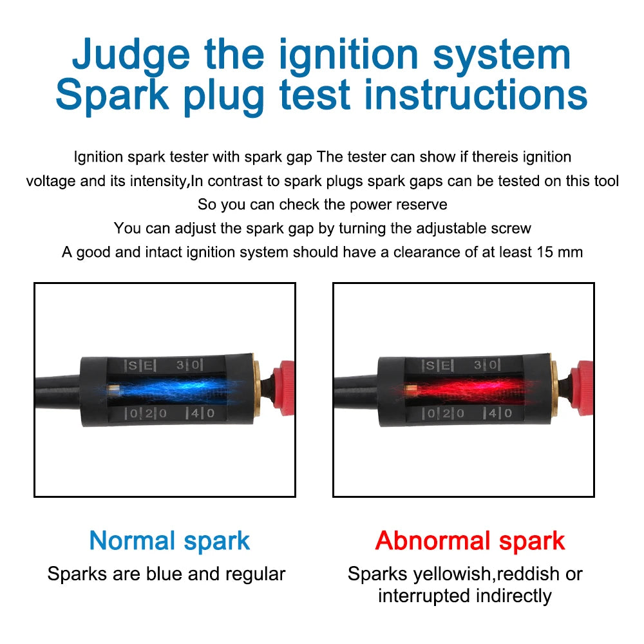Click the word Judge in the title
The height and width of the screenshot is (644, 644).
tap(131, 55)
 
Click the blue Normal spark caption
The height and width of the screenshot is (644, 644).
tap(169, 540)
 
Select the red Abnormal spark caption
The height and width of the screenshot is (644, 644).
tap(469, 540)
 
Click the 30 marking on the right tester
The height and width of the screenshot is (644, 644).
tap(488, 365)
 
